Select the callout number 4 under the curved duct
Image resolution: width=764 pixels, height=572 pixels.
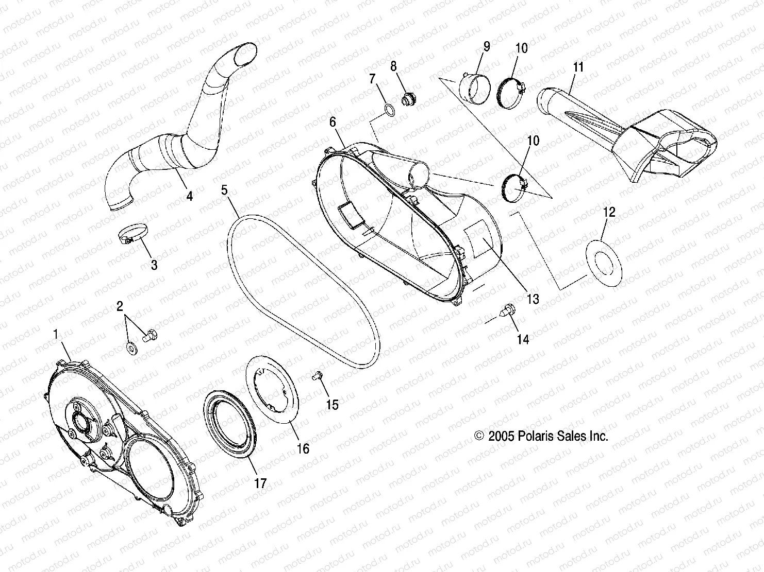(x=189, y=196)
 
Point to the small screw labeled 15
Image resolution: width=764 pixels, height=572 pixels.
(x=316, y=376)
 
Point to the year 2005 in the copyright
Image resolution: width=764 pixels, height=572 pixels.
(x=501, y=436)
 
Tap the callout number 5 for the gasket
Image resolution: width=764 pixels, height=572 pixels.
(x=224, y=189)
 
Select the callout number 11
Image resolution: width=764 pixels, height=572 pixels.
(x=578, y=67)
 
